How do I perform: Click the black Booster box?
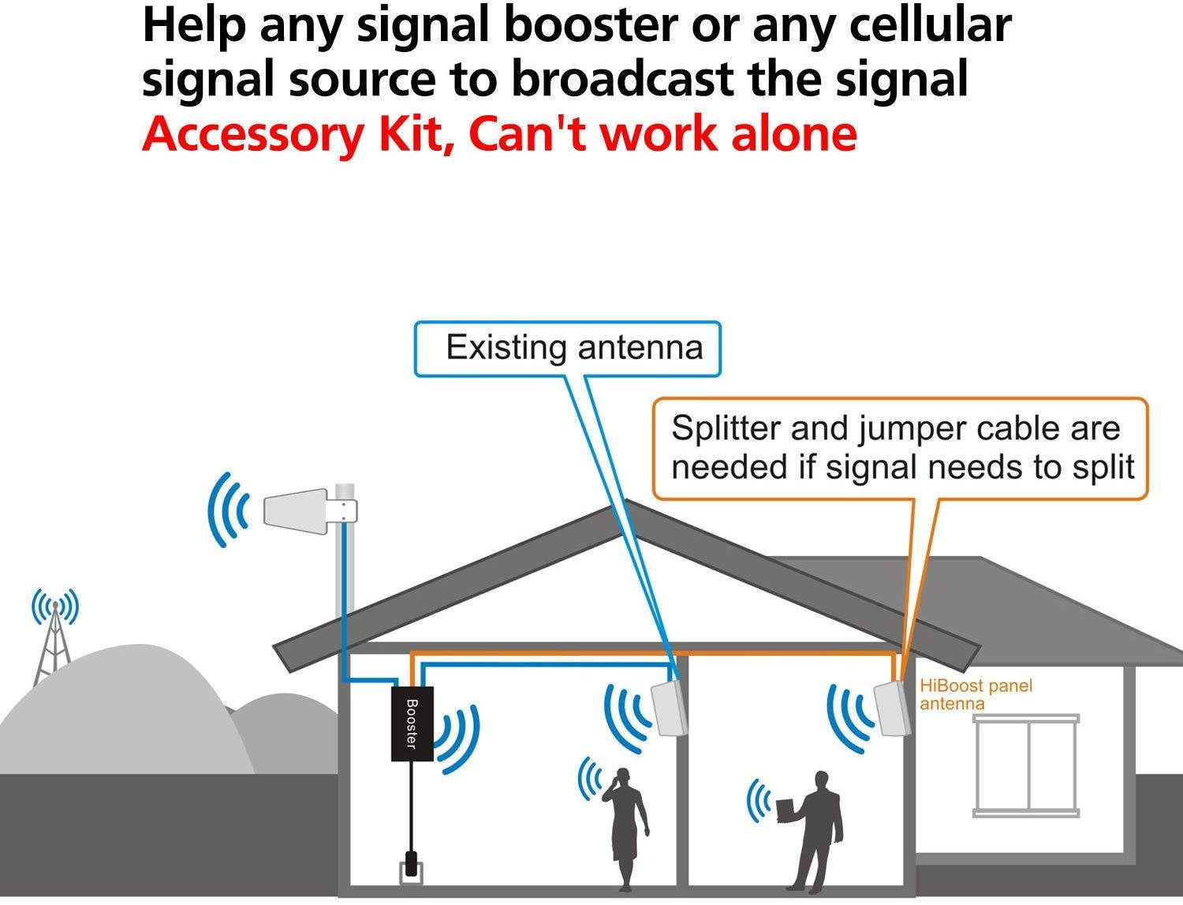click(x=412, y=723)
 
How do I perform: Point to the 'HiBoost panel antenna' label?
click(x=975, y=694)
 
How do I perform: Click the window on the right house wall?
click(x=1026, y=765)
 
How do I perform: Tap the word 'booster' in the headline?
click(x=588, y=25)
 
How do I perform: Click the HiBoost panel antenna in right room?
click(x=894, y=708)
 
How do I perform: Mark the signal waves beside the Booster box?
click(x=457, y=738)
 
